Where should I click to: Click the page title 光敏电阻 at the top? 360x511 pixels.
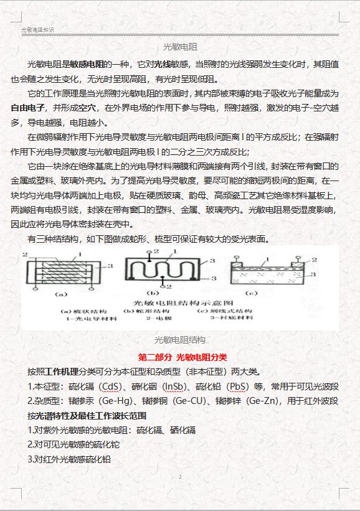coord(180,47)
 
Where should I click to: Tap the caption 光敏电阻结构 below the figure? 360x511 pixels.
coord(180,340)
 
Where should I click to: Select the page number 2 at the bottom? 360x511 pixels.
coord(180,477)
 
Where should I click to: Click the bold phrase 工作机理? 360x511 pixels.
coord(61,372)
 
